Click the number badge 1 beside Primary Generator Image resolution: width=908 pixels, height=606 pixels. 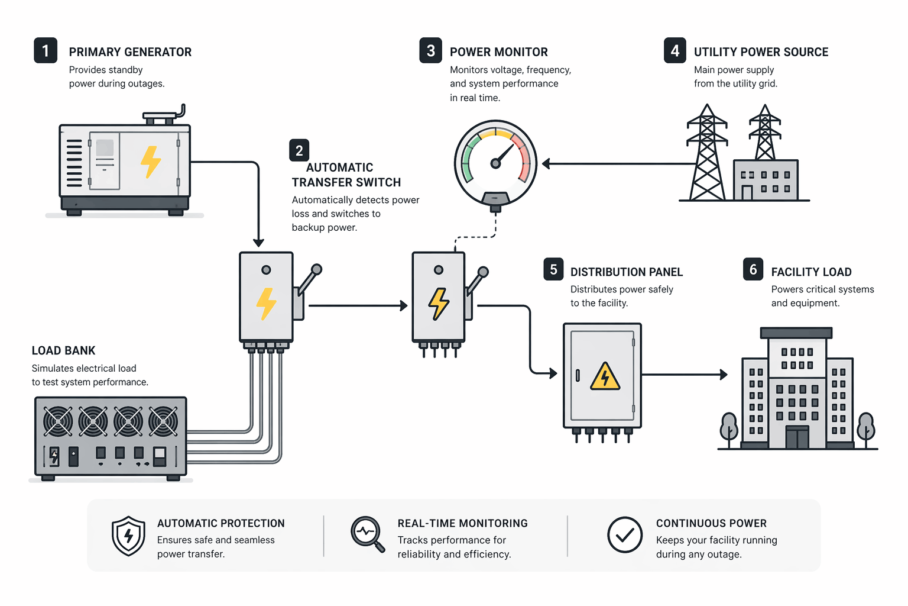(46, 51)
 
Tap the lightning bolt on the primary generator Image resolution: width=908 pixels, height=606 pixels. (150, 162)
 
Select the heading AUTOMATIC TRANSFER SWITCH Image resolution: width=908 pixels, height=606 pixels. (346, 175)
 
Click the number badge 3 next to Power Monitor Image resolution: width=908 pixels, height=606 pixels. (430, 51)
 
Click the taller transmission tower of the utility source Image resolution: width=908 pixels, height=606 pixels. (707, 154)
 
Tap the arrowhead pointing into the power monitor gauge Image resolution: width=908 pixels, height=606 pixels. (546, 164)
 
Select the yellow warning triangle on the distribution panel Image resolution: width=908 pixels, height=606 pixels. (605, 377)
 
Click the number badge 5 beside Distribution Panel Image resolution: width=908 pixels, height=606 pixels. (553, 269)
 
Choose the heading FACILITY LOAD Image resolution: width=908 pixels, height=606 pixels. (811, 272)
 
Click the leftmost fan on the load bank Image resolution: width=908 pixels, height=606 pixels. (58, 421)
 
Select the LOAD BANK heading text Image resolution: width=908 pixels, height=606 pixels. (63, 350)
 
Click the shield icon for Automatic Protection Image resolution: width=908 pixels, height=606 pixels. (128, 536)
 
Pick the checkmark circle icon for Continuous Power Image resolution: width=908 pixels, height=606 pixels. (625, 535)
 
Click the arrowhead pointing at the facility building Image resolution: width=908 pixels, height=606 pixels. (724, 375)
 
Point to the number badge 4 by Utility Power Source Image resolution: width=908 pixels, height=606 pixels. (674, 51)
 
